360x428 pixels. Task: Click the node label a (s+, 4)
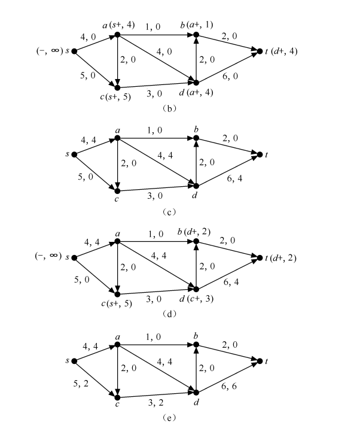click(118, 25)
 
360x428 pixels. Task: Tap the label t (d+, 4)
click(281, 51)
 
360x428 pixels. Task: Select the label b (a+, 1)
click(196, 25)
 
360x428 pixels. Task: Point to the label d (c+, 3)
click(196, 299)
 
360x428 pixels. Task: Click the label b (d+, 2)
click(194, 232)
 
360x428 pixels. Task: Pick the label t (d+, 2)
click(280, 257)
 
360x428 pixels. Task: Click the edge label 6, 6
click(229, 386)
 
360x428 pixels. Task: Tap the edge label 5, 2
click(81, 384)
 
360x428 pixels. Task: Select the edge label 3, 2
click(155, 403)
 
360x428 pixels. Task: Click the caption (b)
click(169, 108)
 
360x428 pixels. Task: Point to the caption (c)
click(169, 212)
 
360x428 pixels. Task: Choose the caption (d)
click(169, 314)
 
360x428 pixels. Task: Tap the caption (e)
click(169, 417)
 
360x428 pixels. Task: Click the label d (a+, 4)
click(196, 93)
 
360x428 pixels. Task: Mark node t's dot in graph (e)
click(260, 361)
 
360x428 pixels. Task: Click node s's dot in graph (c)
click(74, 154)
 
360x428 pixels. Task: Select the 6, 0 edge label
click(230, 76)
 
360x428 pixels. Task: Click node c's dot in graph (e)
click(117, 397)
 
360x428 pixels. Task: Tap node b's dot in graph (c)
click(196, 138)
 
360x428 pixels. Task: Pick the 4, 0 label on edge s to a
click(88, 37)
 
